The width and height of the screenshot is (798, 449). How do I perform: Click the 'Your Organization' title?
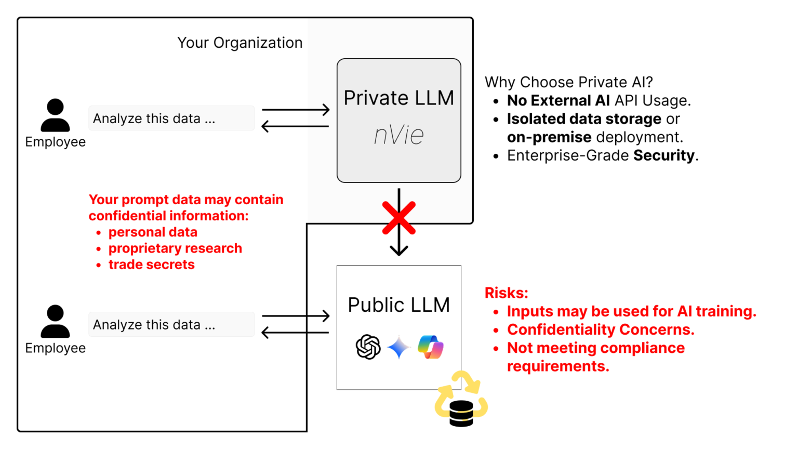tap(240, 43)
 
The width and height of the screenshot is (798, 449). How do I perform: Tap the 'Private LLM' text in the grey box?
tap(398, 98)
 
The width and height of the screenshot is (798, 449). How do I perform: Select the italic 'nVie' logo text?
tap(398, 135)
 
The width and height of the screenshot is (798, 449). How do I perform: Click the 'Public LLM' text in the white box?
tap(398, 305)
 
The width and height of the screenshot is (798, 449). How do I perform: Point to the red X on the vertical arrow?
tap(398, 218)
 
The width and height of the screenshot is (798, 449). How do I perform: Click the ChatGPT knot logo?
tap(368, 347)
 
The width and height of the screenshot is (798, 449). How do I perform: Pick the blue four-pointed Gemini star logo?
tap(398, 347)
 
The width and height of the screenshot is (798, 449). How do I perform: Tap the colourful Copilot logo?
tap(431, 347)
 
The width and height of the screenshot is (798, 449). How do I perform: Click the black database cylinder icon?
tap(461, 414)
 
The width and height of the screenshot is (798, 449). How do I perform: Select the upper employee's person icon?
tap(55, 115)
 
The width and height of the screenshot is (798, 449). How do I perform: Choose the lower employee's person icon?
tap(55, 322)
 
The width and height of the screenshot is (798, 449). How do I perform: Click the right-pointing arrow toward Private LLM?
tap(296, 110)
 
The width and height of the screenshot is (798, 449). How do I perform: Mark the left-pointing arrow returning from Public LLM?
tap(295, 332)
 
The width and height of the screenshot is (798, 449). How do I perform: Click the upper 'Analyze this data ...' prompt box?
tap(171, 118)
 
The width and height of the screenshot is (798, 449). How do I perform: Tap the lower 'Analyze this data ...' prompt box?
tap(171, 325)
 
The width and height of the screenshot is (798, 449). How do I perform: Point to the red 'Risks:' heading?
tap(506, 293)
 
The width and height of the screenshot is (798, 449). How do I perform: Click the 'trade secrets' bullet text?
tap(151, 265)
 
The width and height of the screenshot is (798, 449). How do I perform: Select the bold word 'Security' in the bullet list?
tap(664, 155)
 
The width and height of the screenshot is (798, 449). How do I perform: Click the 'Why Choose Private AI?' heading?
tap(568, 82)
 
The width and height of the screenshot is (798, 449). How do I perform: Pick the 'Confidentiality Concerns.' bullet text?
tap(601, 329)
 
